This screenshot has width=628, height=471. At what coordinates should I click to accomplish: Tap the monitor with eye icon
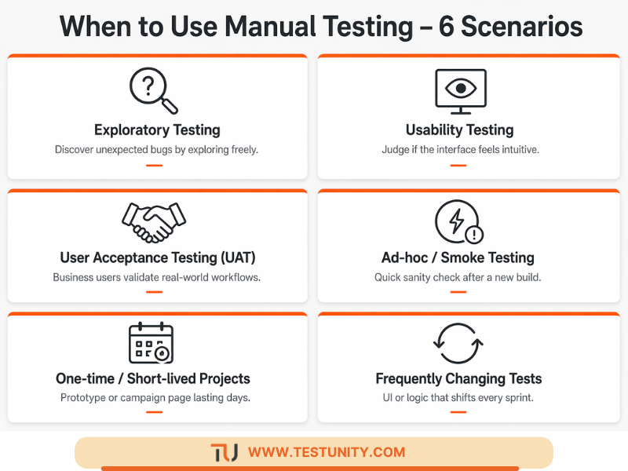pos(460,92)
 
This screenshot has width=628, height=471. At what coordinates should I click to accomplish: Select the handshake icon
pos(153,222)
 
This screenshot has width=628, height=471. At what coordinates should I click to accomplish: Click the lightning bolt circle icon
pos(458,222)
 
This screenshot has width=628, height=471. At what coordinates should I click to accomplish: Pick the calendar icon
pos(152,344)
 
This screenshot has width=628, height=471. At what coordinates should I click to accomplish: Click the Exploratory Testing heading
pos(157,130)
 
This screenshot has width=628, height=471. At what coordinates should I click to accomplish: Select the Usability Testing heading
pos(459,130)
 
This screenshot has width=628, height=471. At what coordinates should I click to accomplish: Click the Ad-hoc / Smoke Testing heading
pos(458,257)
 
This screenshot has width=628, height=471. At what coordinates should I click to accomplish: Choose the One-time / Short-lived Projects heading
pos(153,378)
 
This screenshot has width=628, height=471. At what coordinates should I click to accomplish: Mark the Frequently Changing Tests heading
pos(458,379)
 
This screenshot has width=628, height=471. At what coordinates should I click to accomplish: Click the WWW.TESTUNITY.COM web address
pos(327,452)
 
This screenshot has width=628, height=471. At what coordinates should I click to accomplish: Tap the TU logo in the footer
pos(224,453)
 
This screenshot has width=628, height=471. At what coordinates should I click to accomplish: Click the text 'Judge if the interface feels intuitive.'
pos(460,149)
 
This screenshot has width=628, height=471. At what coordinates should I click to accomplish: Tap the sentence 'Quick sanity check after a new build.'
pos(458,277)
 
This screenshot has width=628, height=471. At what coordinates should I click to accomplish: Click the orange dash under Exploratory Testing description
pos(154,165)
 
